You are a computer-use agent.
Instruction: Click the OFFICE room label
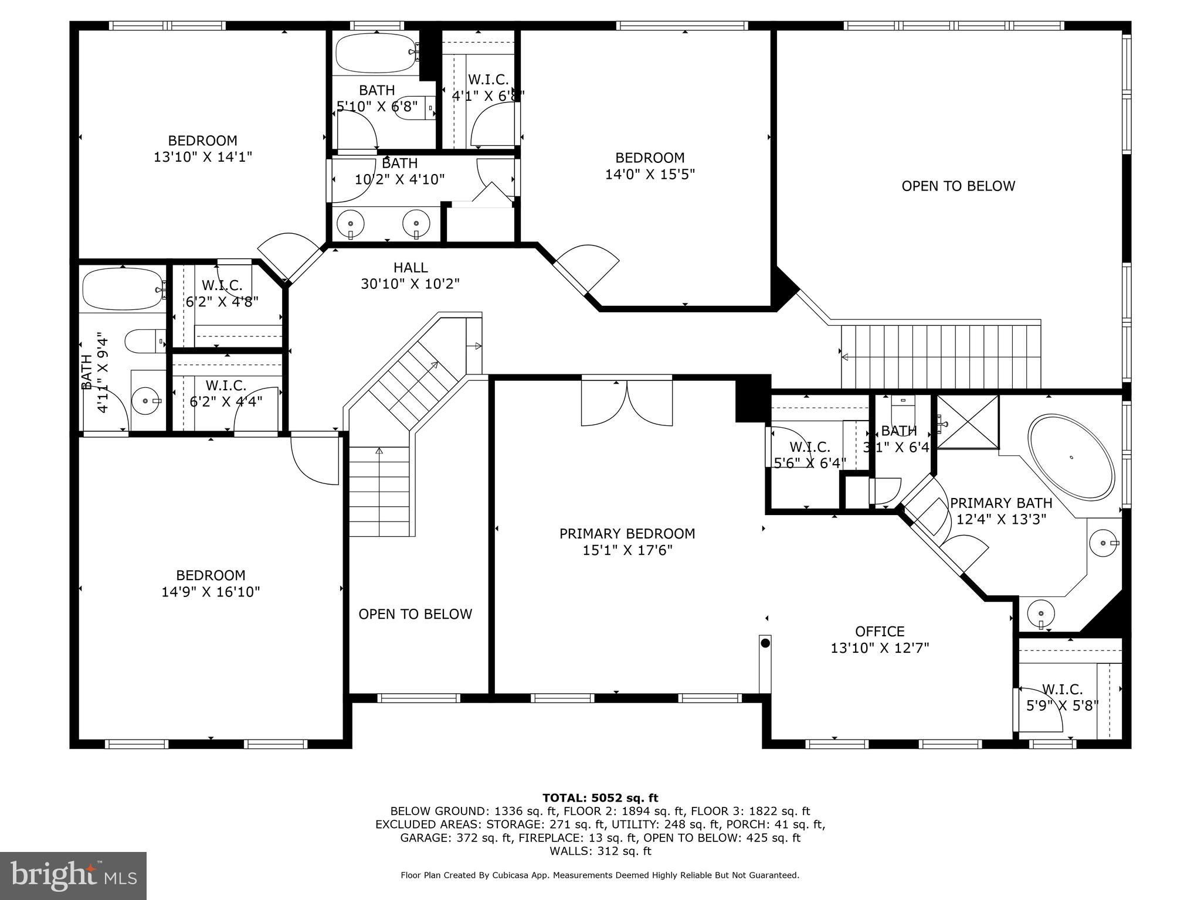point(880,631)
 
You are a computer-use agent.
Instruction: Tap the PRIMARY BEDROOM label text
point(627,534)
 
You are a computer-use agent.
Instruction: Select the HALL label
point(410,268)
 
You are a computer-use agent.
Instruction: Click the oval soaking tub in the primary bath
point(1071,458)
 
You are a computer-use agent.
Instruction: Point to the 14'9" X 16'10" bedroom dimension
point(211,592)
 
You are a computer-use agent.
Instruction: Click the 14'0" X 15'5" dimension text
point(650,174)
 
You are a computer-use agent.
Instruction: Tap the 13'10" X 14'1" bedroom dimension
point(203,157)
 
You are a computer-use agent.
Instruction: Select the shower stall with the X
point(968,422)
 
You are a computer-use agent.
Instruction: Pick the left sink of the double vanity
point(351,224)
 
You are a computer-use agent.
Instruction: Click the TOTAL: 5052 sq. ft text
point(600,797)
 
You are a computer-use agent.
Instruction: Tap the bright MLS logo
point(73,876)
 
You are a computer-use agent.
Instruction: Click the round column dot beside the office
point(765,643)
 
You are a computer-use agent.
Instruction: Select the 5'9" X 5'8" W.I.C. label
point(1062,698)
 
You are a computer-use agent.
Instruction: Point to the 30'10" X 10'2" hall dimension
point(410,284)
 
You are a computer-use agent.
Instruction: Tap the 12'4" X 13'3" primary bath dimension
point(1002,519)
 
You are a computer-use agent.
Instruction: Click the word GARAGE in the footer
point(426,838)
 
